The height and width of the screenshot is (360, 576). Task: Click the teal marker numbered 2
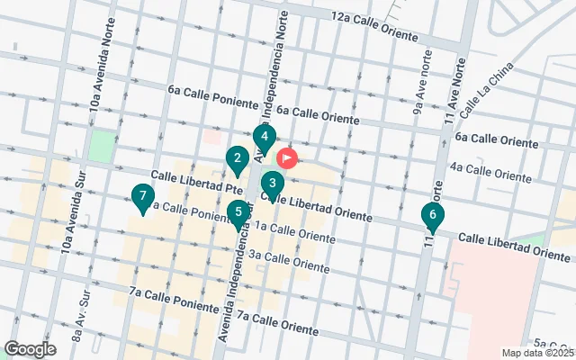237,162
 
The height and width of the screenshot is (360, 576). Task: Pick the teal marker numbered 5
238,215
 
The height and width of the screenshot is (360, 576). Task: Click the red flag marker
288,159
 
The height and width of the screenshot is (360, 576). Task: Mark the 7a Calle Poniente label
173,299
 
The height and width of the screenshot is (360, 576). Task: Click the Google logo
30,349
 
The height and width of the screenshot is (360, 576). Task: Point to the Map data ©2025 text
537,353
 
